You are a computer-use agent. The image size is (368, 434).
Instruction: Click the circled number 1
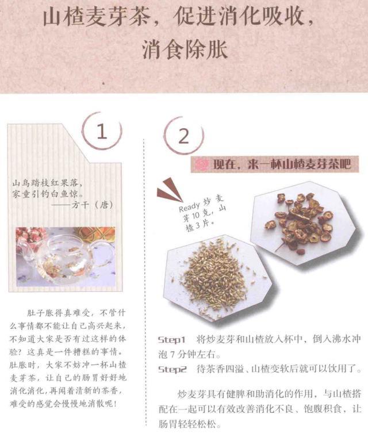(x=102, y=132)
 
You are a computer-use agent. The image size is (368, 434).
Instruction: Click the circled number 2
(x=183, y=136)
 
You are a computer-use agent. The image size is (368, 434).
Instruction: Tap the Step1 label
(x=172, y=340)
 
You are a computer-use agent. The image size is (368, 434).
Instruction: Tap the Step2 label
(x=172, y=369)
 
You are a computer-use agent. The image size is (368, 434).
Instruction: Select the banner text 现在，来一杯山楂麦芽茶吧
(x=282, y=164)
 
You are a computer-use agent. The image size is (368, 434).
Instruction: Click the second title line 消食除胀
(x=185, y=50)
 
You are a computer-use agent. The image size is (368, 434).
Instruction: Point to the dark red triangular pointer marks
(x=170, y=191)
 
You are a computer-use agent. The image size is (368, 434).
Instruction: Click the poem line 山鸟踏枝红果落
(x=47, y=183)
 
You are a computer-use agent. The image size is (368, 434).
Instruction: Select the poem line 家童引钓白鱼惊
(x=48, y=194)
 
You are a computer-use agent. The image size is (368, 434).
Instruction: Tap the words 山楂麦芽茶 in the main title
(x=97, y=17)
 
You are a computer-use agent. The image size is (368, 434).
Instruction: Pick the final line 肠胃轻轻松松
(x=190, y=424)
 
